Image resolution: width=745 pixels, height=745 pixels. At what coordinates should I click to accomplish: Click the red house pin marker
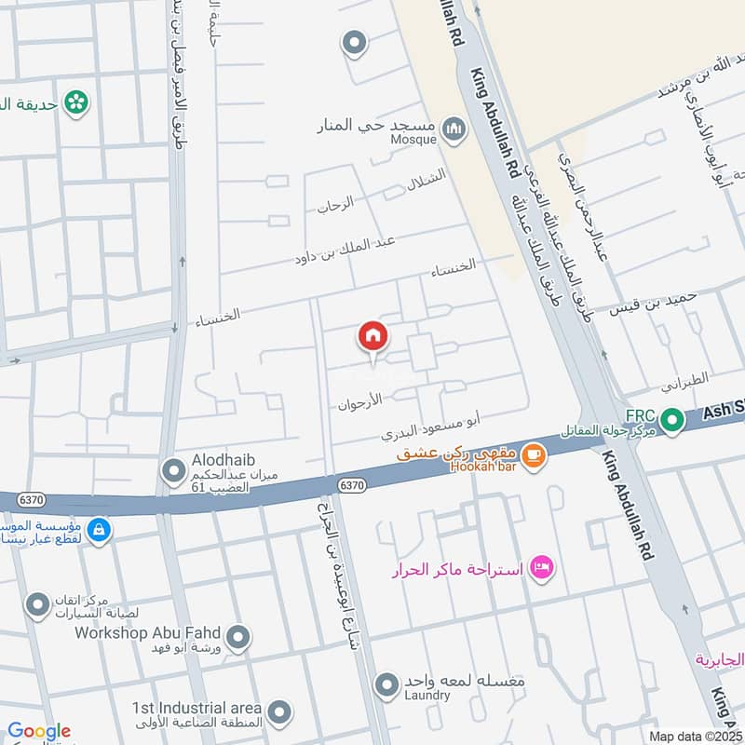tap(372, 336)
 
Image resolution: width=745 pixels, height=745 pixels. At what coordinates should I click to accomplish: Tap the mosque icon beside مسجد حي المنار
tap(454, 129)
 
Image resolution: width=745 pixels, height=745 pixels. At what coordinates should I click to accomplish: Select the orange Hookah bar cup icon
tap(533, 455)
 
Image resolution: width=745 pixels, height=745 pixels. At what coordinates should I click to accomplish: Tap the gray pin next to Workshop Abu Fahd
tap(238, 638)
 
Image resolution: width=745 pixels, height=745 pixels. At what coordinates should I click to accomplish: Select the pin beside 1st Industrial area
tap(278, 714)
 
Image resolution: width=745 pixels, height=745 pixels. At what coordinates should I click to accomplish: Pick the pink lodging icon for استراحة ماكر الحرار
tap(540, 566)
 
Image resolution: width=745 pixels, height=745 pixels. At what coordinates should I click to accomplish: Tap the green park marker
tap(76, 102)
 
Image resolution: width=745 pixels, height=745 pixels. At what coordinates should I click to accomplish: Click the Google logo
tap(38, 732)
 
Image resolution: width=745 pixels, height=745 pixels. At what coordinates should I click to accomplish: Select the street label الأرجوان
tap(361, 404)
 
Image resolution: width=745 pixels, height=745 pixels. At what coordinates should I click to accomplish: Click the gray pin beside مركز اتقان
tap(37, 606)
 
